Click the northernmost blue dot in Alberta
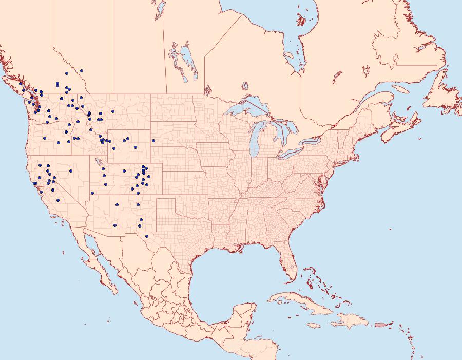tap(82, 70)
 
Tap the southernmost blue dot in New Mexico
tap(147, 236)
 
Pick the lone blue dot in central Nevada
tap(71, 171)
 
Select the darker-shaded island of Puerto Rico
tap(380, 325)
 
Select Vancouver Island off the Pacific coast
tap(21, 91)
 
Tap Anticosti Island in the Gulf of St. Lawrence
tap(401, 89)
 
